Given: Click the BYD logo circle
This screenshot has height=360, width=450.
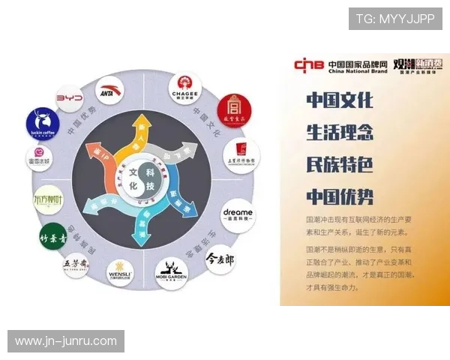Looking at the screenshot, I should click(x=69, y=98).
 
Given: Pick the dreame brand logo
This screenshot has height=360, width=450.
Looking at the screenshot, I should click(x=238, y=215).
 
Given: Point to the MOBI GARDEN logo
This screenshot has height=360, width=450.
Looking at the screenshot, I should click(x=172, y=273).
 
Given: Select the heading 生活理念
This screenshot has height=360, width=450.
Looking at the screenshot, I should click(x=339, y=132).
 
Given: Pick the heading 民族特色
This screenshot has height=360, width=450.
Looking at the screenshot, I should click(x=339, y=164).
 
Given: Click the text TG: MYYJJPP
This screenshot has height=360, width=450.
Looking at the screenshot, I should click(x=394, y=18).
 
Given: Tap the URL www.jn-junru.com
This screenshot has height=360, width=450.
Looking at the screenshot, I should click(x=66, y=341).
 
